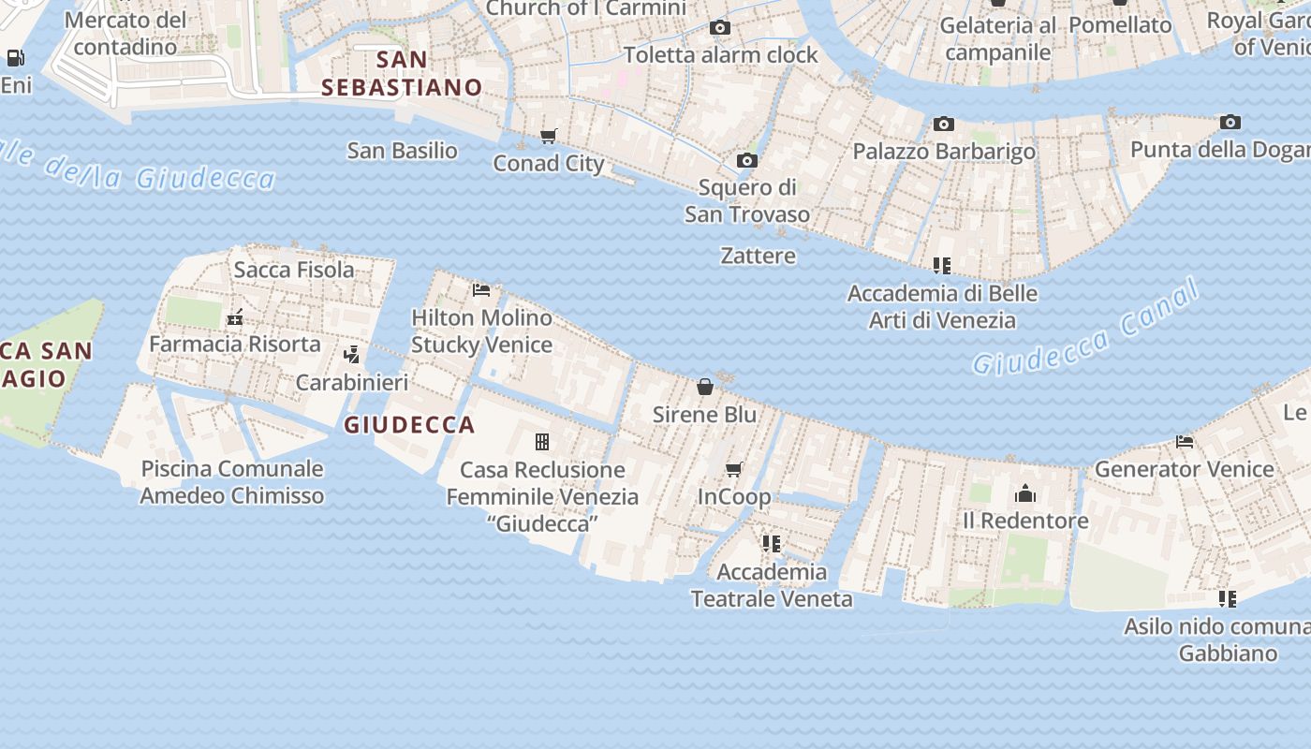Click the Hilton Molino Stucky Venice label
pos(482,331)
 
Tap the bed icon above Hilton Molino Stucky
pos(481,290)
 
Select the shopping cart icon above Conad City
pos(549,137)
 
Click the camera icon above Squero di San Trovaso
pos(746,161)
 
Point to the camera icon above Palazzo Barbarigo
pos(943,125)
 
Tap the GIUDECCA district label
pos(409,425)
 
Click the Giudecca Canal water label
pos(1086,328)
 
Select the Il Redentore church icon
pos(1025,493)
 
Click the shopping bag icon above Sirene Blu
pos(705,387)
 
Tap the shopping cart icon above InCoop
pos(734,469)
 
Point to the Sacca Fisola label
pos(294,271)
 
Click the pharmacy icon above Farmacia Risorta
pos(235,317)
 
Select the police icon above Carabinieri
pos(352,355)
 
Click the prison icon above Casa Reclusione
pos(541,442)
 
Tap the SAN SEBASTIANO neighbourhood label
pos(402,74)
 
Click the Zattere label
pos(759,256)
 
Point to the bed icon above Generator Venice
pos(1185,442)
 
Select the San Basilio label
pos(403,151)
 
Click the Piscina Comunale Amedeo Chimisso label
pos(232,482)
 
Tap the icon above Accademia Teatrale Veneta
pos(772,544)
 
